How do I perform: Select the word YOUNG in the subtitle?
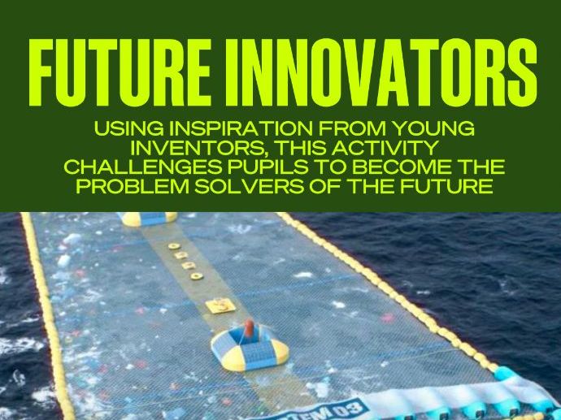coord(434,130)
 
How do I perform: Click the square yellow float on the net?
coord(218,307)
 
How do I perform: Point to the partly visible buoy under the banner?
coord(148,218)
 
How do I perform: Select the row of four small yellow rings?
coord(184,260)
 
